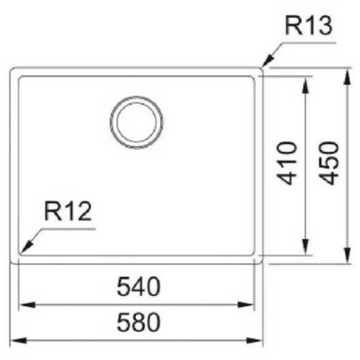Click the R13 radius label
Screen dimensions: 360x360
(x=309, y=25)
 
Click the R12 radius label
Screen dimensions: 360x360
(x=68, y=211)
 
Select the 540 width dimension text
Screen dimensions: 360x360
(x=138, y=287)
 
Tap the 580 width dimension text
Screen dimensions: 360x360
(x=138, y=322)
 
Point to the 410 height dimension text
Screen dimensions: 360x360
(x=287, y=163)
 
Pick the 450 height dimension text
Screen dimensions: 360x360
(x=329, y=163)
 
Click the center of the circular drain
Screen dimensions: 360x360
(x=137, y=122)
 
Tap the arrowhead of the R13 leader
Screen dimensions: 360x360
(x=266, y=61)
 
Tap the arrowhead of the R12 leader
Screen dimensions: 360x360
(x=25, y=247)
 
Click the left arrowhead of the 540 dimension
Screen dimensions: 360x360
(x=27, y=305)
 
